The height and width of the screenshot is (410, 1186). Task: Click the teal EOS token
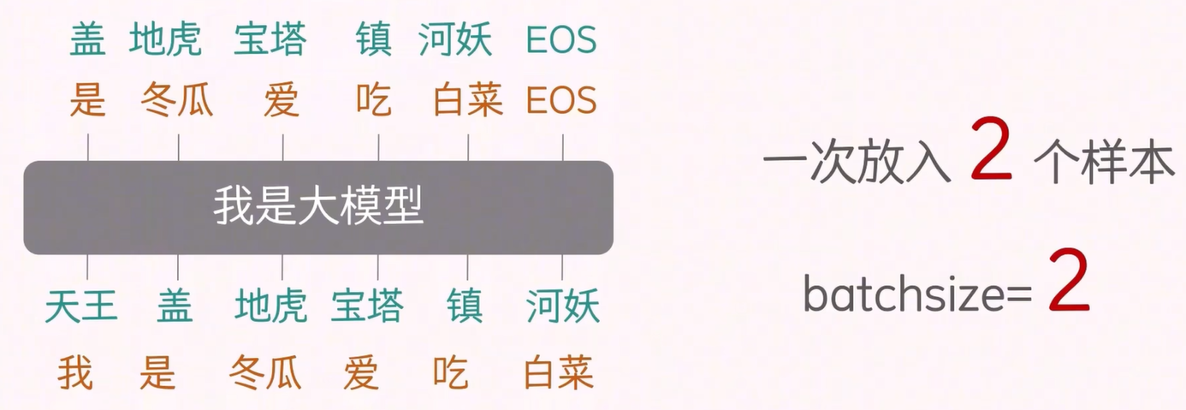(x=561, y=40)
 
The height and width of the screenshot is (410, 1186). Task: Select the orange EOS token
(x=561, y=101)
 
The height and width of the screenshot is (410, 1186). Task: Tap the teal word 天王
(x=80, y=306)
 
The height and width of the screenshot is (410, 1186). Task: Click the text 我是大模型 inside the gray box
(x=318, y=208)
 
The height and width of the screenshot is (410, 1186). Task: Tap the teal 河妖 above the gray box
(x=455, y=40)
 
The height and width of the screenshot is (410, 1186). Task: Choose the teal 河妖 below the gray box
(x=562, y=306)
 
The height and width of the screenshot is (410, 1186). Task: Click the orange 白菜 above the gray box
(x=468, y=101)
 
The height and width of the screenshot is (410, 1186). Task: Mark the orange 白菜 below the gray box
(x=559, y=374)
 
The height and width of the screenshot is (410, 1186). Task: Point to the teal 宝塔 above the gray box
(x=270, y=40)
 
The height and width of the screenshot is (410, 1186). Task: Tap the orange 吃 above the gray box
(x=374, y=101)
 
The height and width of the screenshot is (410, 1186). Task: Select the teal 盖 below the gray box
(x=175, y=306)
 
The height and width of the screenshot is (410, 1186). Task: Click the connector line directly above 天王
(x=88, y=267)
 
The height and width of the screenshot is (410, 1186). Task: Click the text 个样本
(x=1104, y=163)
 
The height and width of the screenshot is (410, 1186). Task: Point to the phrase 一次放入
(x=857, y=163)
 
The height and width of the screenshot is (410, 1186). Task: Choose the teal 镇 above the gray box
(x=374, y=40)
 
